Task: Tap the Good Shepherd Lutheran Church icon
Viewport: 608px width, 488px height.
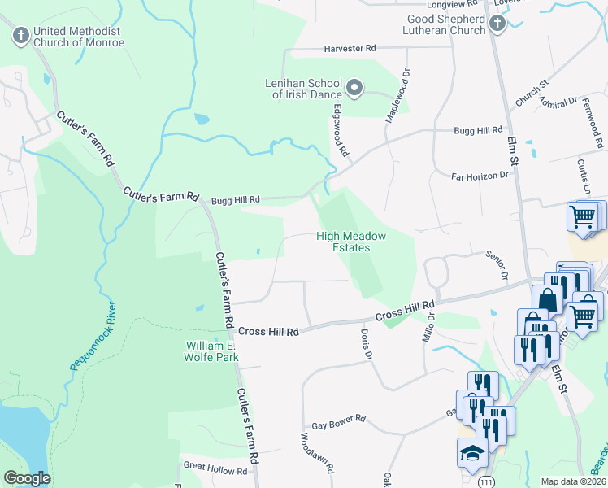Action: (x=497, y=24)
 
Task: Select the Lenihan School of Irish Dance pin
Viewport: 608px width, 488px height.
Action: (x=354, y=86)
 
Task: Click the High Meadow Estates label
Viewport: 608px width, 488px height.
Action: (x=350, y=242)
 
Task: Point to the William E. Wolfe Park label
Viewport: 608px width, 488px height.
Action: (x=211, y=351)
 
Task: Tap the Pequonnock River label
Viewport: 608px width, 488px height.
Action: (x=91, y=336)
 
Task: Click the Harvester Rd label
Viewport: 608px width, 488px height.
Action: (x=350, y=50)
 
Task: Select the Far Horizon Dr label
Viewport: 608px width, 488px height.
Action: (x=480, y=175)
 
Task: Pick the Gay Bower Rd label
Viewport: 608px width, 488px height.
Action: (x=339, y=425)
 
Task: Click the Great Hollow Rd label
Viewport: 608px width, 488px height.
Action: (x=215, y=470)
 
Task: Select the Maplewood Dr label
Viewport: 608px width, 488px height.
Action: (x=398, y=95)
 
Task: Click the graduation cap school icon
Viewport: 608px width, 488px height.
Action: (x=471, y=453)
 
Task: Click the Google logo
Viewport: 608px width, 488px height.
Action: (x=27, y=478)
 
